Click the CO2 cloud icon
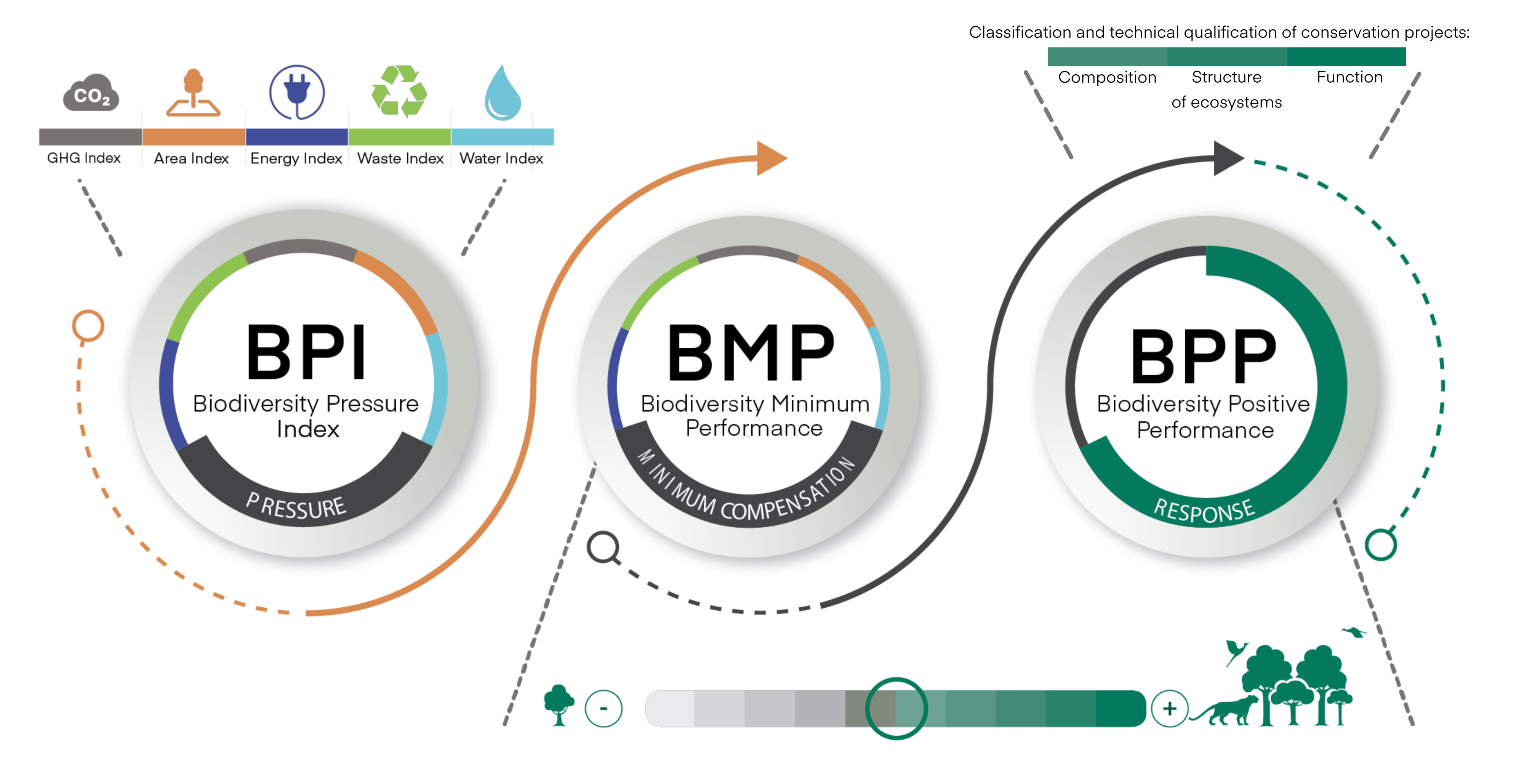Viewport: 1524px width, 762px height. pyautogui.click(x=91, y=93)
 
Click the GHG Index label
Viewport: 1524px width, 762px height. pyautogui.click(x=84, y=158)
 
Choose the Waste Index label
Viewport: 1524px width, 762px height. pyautogui.click(x=400, y=158)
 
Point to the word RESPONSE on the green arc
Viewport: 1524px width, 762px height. pyautogui.click(x=1204, y=510)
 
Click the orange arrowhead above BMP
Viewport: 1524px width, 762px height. pyautogui.click(x=770, y=158)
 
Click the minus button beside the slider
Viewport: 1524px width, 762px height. pyautogui.click(x=604, y=708)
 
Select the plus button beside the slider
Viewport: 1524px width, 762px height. pyautogui.click(x=1170, y=708)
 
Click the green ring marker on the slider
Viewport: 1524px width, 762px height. pyautogui.click(x=896, y=708)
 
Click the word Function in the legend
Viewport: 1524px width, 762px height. pyautogui.click(x=1350, y=77)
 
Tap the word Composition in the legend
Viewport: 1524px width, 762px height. pyautogui.click(x=1107, y=77)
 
